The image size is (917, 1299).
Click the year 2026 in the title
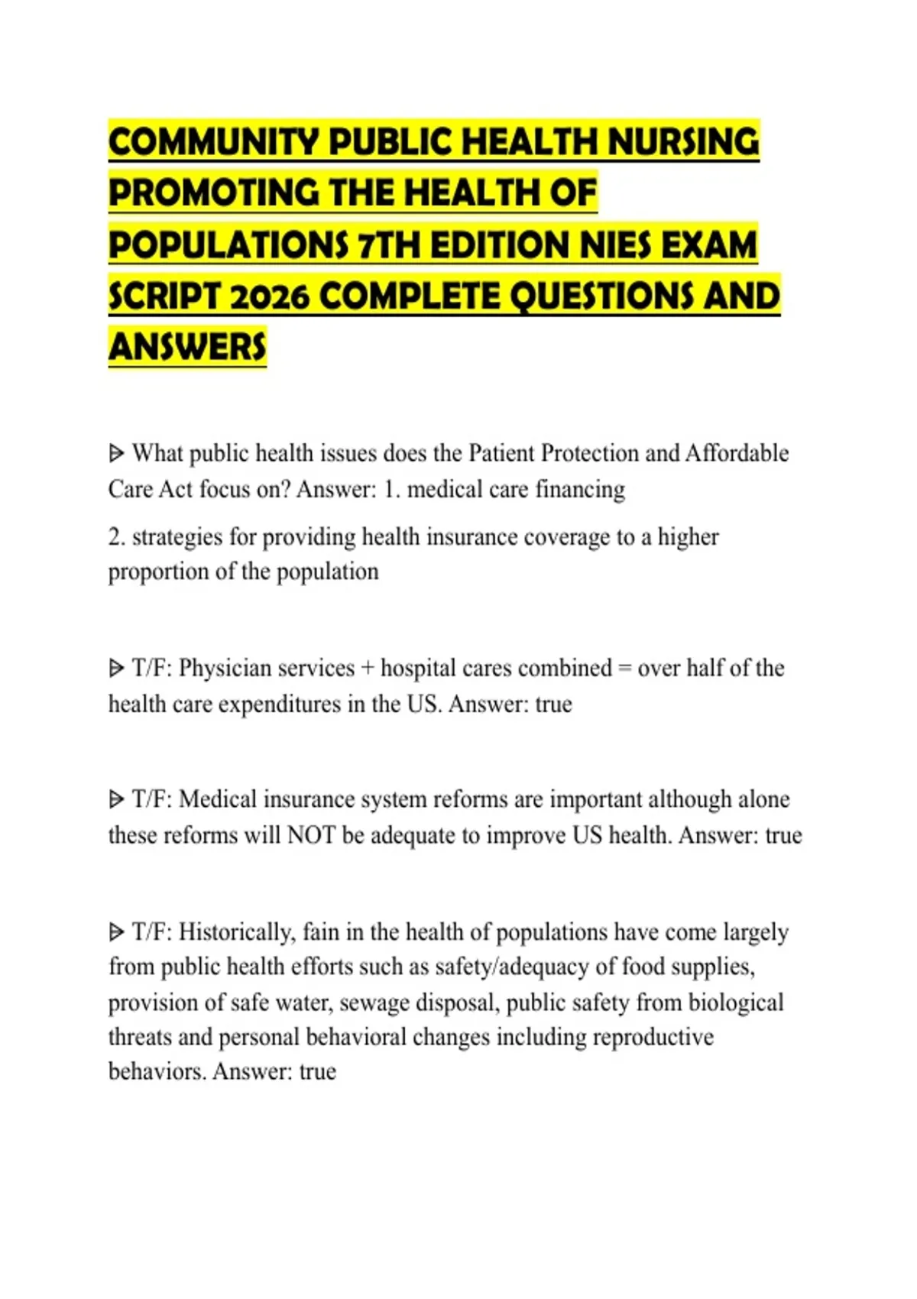(x=269, y=297)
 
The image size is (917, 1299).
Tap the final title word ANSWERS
(x=187, y=348)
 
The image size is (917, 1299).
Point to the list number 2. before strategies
(x=117, y=537)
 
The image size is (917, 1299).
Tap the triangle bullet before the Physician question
(x=116, y=669)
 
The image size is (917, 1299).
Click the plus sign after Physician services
(x=368, y=669)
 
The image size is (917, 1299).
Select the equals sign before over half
(x=624, y=669)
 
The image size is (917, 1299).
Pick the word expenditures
(x=279, y=704)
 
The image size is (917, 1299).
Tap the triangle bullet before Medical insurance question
(x=116, y=800)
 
